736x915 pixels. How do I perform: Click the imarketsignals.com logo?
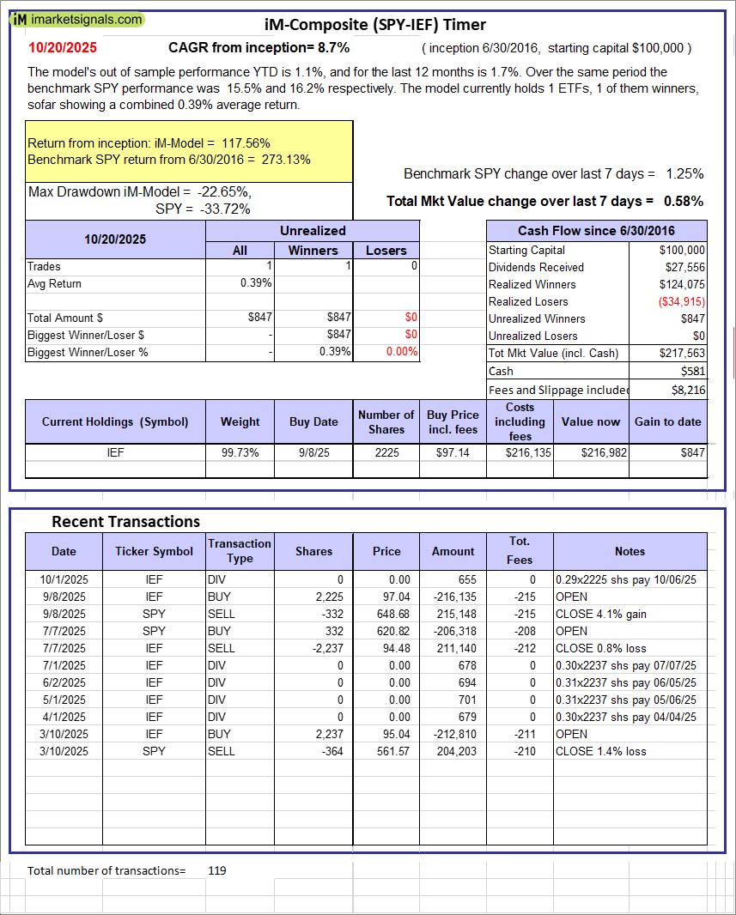pos(78,19)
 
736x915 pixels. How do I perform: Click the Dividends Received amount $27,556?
pos(682,267)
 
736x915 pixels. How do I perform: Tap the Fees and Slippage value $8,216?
pos(688,390)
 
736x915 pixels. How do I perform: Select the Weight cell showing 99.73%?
pos(240,452)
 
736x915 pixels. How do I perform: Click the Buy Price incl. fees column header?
pos(453,421)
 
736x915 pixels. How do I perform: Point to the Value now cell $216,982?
pos(590,452)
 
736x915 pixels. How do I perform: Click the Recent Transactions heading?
pos(125,521)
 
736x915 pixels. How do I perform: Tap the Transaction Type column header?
pos(240,551)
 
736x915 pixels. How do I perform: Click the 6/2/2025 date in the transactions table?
pos(64,682)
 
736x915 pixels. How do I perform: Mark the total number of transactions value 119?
pos(216,870)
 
